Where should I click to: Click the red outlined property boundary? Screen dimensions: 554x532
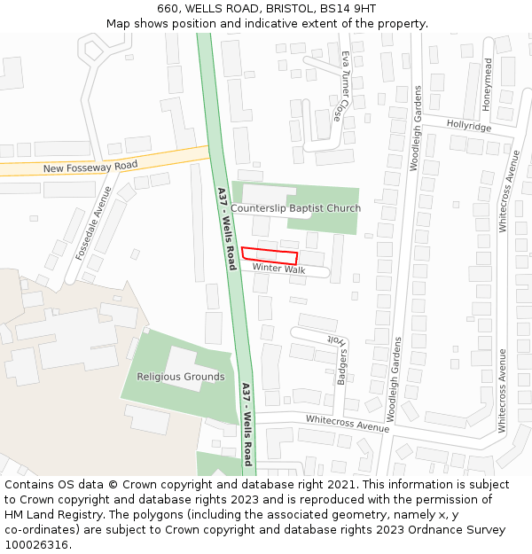pos(270,254)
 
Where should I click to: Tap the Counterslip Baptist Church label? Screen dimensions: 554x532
pos(296,208)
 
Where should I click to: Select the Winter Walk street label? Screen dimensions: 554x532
pos(278,268)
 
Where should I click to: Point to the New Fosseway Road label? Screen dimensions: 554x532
pos(90,167)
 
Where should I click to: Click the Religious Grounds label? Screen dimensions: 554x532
pos(181,377)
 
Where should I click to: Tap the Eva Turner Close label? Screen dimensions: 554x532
pos(340,86)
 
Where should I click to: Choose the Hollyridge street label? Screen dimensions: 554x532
pos(468,126)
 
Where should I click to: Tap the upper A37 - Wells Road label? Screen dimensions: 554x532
pos(226,229)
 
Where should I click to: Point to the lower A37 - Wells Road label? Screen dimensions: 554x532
pos(246,424)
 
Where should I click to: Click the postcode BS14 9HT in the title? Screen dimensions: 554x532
pos(347,9)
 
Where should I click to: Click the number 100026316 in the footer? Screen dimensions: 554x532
pos(37,545)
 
